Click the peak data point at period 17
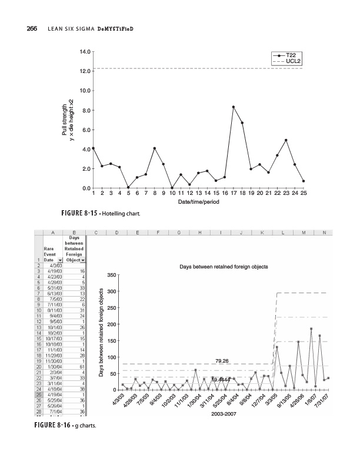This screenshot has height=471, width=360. (x=234, y=107)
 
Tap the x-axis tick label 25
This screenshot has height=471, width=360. (x=303, y=193)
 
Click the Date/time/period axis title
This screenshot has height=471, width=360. (x=198, y=202)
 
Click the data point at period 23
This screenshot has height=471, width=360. (x=286, y=140)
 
